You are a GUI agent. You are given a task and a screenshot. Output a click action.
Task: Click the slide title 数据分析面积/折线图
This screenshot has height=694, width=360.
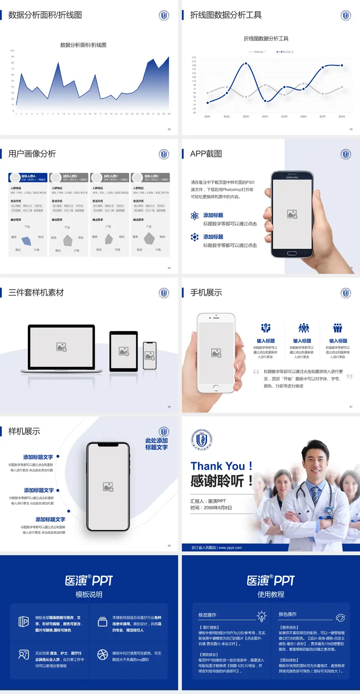[x=45, y=15]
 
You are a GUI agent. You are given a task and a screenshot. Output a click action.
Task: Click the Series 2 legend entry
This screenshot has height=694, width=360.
[x=285, y=52]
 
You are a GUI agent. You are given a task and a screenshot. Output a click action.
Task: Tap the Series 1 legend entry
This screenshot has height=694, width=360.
[x=258, y=52]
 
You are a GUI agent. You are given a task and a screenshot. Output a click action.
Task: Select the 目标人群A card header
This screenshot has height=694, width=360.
[x=28, y=177]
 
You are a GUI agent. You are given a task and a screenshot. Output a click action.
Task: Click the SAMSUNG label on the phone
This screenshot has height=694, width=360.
[x=292, y=177]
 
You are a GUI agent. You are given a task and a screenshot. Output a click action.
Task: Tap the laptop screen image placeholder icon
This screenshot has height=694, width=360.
[x=61, y=347]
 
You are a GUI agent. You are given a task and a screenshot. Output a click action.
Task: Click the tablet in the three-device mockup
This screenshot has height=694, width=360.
[x=124, y=351]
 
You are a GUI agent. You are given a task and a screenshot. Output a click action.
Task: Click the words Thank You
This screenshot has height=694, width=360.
[x=217, y=466]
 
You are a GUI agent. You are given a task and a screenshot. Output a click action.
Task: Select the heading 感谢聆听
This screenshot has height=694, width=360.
[x=217, y=481]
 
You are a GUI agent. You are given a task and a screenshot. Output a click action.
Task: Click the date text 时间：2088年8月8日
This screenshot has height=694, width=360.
[x=211, y=508]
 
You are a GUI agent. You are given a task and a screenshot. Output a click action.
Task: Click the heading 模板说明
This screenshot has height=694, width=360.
[x=89, y=595]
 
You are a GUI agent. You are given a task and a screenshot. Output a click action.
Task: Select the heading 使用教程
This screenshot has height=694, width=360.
[x=271, y=595]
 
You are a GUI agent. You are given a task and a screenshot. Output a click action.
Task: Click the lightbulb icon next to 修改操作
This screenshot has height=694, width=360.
[x=261, y=616]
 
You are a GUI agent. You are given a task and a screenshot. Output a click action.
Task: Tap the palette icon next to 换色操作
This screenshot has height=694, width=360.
[x=340, y=617]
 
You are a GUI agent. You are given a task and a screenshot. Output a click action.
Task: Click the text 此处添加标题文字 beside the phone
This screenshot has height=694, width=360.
[x=156, y=444]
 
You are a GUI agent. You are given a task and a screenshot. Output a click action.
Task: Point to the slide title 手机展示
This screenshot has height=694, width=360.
[x=206, y=293]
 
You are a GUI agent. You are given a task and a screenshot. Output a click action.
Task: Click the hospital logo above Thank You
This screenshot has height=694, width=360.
[x=202, y=439]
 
